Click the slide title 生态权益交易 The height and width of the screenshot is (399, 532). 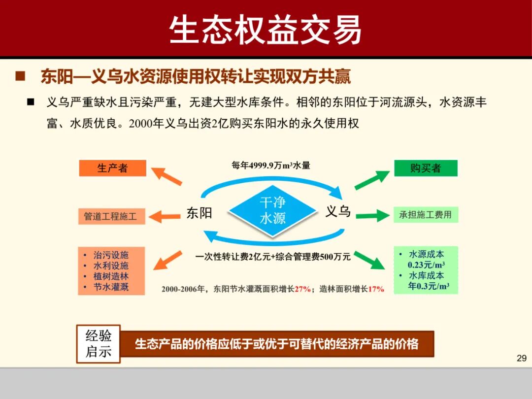tap(266, 30)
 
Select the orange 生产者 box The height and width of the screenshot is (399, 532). tap(112, 168)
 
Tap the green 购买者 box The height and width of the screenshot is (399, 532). tap(426, 168)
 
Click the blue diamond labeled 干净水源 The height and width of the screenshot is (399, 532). tap(272, 210)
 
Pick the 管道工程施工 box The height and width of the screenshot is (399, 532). tap(111, 216)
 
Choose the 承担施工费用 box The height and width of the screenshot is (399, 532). tap(425, 215)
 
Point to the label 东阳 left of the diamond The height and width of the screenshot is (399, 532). tap(199, 213)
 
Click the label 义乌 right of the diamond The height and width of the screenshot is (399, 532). tap(338, 211)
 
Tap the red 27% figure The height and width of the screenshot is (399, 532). tap(302, 289)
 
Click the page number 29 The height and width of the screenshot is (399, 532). tap(522, 358)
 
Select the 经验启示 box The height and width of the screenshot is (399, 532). tap(99, 344)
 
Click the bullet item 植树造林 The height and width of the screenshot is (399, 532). tap(111, 276)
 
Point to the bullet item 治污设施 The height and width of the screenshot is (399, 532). tap(111, 255)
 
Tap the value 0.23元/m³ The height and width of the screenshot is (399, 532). tap(426, 265)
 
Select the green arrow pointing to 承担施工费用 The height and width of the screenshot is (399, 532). tap(372, 215)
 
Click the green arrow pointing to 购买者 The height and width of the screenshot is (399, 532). tap(372, 180)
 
